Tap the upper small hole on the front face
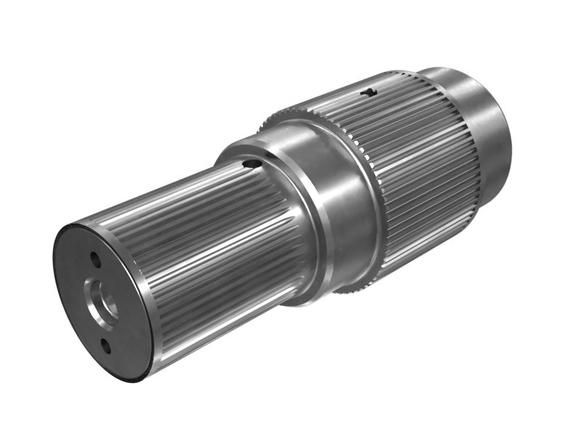click(94, 257)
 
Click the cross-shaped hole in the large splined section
click(370, 93)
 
